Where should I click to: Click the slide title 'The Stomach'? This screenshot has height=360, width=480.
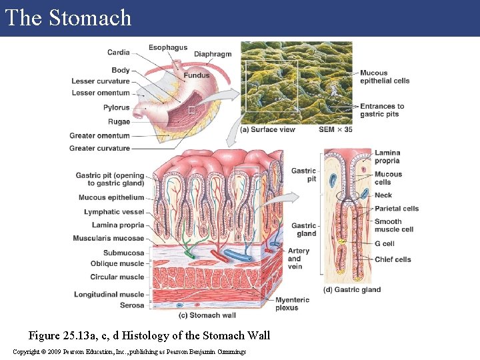(68, 18)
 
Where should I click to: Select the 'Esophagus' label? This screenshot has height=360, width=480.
(167, 48)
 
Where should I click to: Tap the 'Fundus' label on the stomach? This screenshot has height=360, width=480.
(197, 76)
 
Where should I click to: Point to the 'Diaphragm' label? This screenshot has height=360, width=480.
(213, 54)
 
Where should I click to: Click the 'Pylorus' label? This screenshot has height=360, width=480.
(116, 107)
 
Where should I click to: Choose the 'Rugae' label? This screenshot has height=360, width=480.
(119, 122)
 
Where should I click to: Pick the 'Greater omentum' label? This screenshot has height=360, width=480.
(99, 136)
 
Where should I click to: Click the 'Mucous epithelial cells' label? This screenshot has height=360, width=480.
(385, 77)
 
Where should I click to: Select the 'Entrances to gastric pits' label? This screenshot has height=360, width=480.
(382, 110)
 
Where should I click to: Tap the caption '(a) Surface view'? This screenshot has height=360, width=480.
(267, 129)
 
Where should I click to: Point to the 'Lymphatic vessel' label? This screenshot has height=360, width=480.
(114, 212)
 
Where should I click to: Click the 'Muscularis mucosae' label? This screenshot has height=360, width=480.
(109, 238)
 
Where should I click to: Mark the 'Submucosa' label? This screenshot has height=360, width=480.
(123, 253)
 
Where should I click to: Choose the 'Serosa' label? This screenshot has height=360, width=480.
(131, 305)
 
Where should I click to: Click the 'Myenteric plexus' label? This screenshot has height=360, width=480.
(292, 304)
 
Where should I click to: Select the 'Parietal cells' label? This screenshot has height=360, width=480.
(396, 209)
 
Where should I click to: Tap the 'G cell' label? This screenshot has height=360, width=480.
(384, 244)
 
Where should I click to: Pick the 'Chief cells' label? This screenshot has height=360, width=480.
(392, 259)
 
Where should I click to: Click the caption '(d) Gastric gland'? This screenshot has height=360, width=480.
(351, 290)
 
